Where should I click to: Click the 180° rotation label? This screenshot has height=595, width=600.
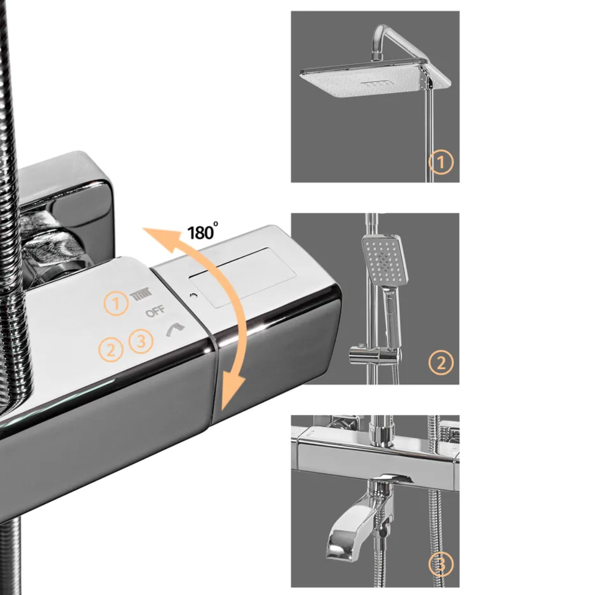pyautogui.click(x=203, y=232)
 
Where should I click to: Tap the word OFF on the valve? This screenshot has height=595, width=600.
pyautogui.click(x=155, y=311)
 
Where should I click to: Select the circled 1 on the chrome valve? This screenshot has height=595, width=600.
pyautogui.click(x=116, y=304)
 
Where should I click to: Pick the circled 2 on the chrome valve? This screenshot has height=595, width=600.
pyautogui.click(x=111, y=350)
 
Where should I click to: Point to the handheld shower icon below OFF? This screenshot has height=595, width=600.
pyautogui.click(x=175, y=329)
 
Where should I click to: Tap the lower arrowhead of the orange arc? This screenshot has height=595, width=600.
pyautogui.click(x=231, y=392)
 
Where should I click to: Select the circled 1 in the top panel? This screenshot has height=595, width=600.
pyautogui.click(x=441, y=162)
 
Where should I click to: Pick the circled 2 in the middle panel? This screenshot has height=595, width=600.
pyautogui.click(x=441, y=362)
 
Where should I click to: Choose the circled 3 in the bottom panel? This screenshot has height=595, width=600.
pyautogui.click(x=441, y=564)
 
